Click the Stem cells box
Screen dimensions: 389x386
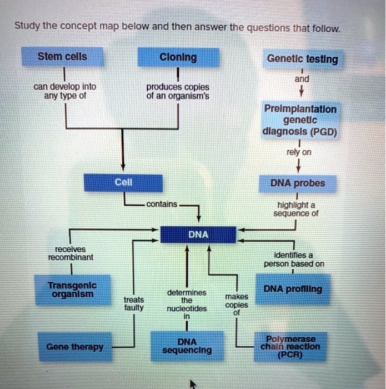point(62,57)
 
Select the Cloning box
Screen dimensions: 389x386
point(178,58)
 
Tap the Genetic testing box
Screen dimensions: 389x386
point(302,59)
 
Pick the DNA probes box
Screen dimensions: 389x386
point(298,183)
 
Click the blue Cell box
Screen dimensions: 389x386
point(123,183)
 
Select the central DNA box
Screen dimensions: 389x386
point(198,235)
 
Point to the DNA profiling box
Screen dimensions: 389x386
point(293,290)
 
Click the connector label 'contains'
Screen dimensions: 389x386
point(162,205)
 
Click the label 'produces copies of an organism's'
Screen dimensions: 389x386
point(178,91)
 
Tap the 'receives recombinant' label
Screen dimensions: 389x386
point(71,253)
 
